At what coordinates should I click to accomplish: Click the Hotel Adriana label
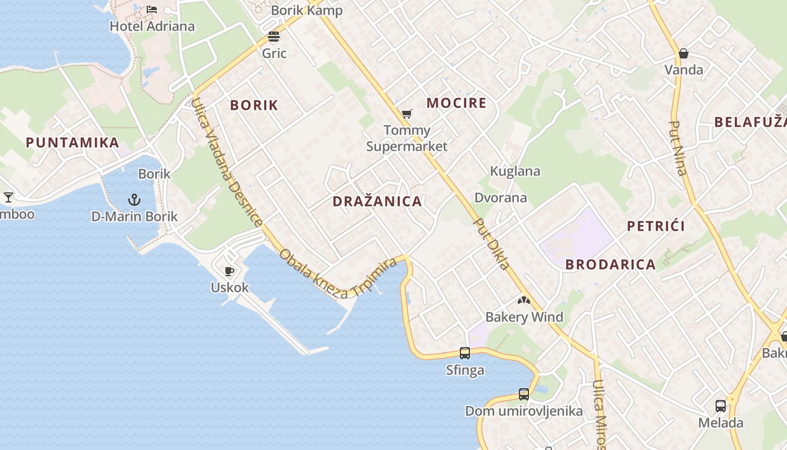tap(152, 26)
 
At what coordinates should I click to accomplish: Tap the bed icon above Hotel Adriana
tap(152, 9)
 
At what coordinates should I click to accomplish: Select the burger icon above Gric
tap(274, 37)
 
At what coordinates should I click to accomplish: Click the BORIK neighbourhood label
tap(254, 105)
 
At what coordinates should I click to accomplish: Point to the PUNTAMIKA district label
tap(73, 143)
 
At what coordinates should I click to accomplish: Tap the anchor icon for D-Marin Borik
tap(134, 200)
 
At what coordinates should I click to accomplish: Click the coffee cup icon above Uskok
tap(229, 272)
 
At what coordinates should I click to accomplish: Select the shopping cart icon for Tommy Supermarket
tap(407, 114)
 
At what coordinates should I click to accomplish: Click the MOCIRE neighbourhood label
tap(456, 103)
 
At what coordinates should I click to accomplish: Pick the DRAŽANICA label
tap(377, 201)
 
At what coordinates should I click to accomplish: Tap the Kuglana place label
tap(515, 171)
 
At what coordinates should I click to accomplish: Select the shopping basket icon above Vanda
tap(684, 54)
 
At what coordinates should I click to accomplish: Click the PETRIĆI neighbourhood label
tap(655, 226)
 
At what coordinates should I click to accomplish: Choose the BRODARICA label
tap(610, 264)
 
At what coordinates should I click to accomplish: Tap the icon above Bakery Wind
tap(524, 300)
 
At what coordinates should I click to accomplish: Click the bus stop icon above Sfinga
tap(465, 353)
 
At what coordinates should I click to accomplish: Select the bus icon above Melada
tap(720, 406)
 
